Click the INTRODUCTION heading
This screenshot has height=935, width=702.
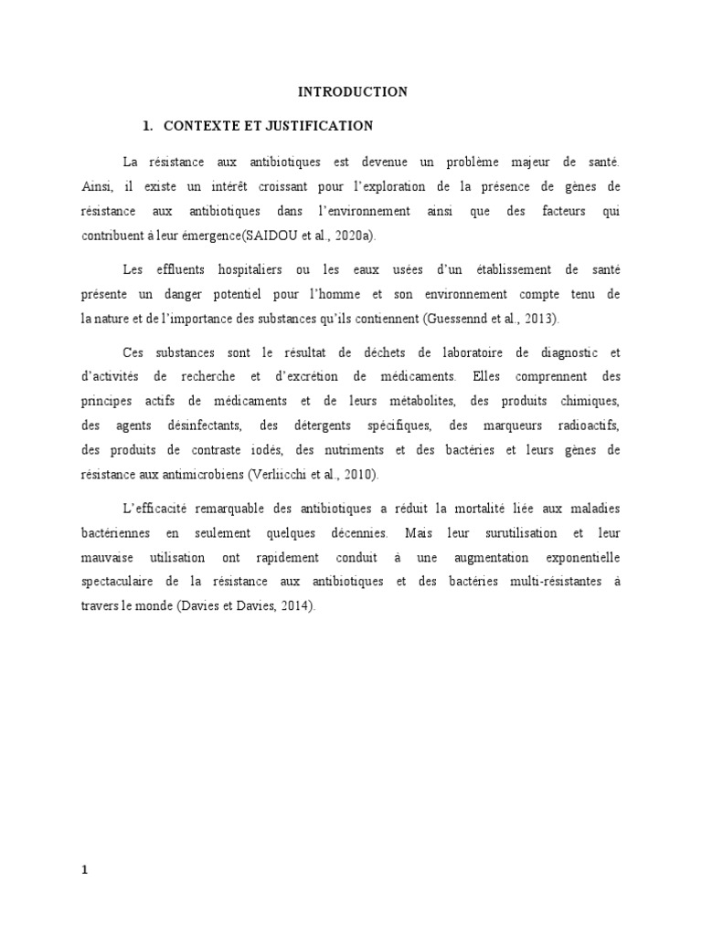click(x=353, y=91)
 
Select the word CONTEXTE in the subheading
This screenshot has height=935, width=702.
click(x=196, y=125)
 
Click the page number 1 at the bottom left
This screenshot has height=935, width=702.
click(x=86, y=845)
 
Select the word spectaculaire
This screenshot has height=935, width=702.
click(x=117, y=581)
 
